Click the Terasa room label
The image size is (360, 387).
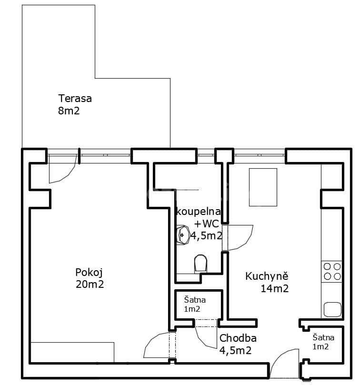(75, 99)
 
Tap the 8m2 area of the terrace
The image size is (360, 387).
(68, 111)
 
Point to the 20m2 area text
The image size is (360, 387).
(89, 285)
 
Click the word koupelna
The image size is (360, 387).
(198, 211)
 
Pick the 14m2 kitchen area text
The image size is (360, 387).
(275, 288)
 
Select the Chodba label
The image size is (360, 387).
(238, 338)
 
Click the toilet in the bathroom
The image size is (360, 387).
(201, 263)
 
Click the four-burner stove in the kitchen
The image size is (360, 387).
(332, 271)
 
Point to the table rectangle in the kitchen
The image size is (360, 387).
(262, 187)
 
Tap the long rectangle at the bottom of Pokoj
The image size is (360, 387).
(72, 352)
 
